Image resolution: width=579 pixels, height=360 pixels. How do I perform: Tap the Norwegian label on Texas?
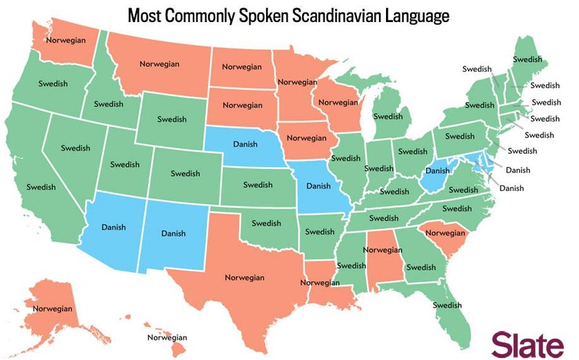point(245,277)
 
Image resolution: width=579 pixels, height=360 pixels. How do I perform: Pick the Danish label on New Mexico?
point(174,233)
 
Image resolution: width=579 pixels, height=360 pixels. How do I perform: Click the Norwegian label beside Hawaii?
point(167,337)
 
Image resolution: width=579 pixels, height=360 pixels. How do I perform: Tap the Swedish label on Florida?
point(447,305)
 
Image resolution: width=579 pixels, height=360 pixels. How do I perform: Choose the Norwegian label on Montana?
point(159,64)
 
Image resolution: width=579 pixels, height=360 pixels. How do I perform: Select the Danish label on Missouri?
point(318,186)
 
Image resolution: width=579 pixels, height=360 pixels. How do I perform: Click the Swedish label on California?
point(41,186)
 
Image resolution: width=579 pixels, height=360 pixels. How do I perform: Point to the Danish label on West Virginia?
point(438,170)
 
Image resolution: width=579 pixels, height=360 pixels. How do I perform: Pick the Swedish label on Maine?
point(527,60)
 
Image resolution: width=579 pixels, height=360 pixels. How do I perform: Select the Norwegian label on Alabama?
point(383,250)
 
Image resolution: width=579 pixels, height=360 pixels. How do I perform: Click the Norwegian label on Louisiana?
point(320,283)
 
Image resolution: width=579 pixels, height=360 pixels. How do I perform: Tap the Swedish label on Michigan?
point(388,117)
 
